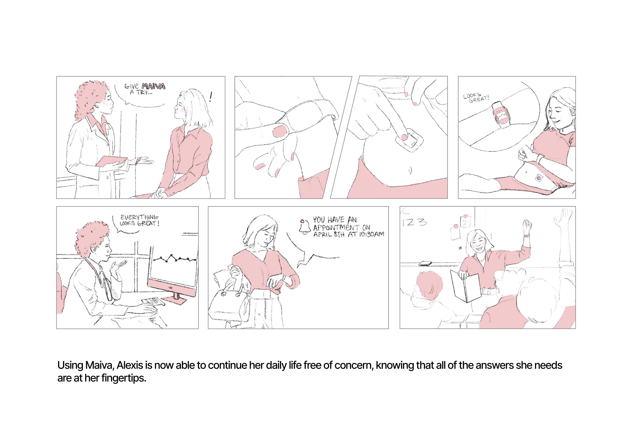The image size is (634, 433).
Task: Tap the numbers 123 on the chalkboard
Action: (x=414, y=222)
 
